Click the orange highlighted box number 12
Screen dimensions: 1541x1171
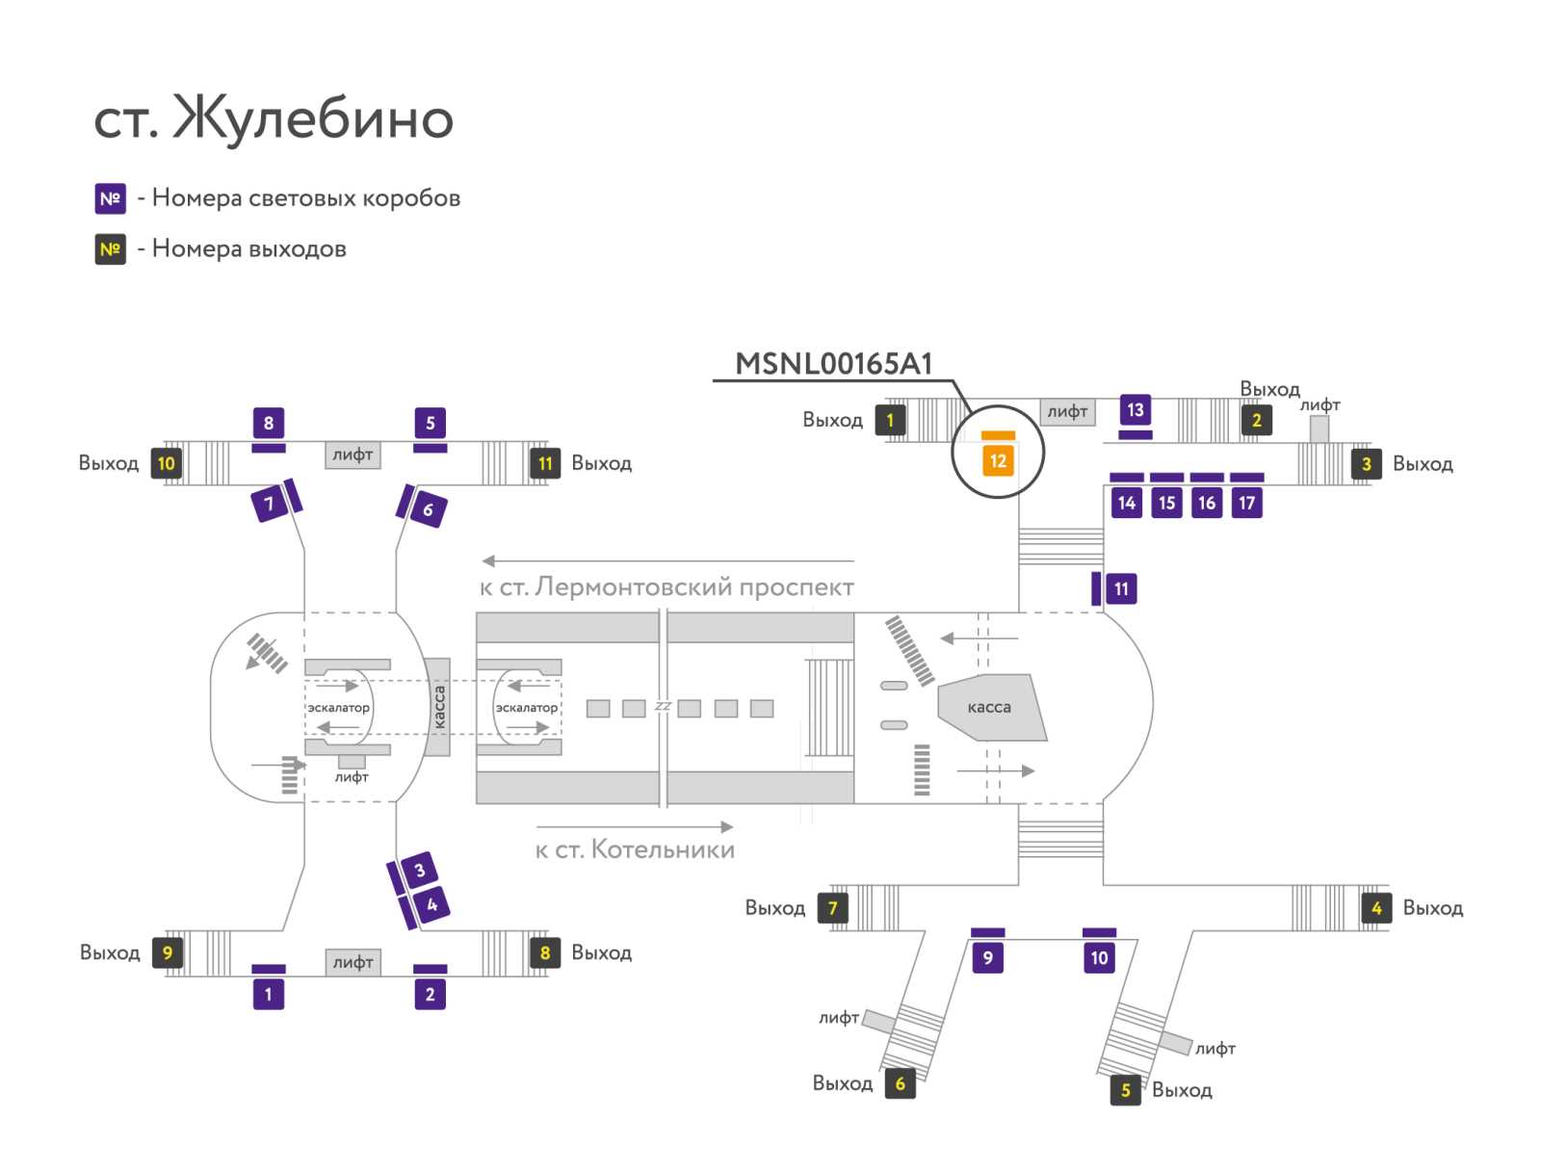coord(998,461)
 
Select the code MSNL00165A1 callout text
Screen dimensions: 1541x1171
coord(833,363)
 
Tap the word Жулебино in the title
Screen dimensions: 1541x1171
coord(314,117)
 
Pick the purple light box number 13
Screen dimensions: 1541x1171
coord(1136,409)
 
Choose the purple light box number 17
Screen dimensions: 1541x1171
coord(1247,503)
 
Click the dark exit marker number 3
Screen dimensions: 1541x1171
coord(1366,464)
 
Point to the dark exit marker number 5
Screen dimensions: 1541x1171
coord(1125,1089)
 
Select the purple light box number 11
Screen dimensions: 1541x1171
coord(1121,588)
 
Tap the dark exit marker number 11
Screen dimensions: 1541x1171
coord(545,463)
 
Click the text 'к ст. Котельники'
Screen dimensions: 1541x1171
coord(635,849)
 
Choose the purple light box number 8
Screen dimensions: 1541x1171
coord(268,423)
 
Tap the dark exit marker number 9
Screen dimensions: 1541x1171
coord(167,952)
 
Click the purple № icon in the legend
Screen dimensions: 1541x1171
coord(110,198)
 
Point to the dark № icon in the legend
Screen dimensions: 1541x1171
coord(110,249)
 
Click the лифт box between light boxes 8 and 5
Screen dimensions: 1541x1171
coord(353,455)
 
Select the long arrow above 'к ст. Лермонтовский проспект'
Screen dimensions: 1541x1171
coord(667,560)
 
